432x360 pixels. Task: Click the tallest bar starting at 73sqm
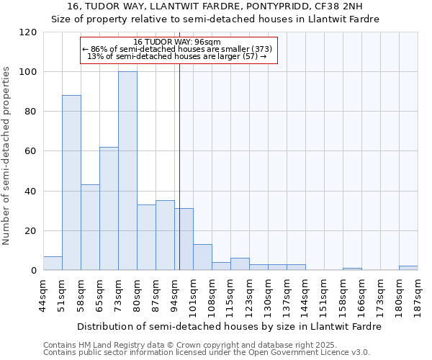point(127,171)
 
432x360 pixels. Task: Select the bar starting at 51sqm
point(71,183)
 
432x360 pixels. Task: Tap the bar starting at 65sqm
point(109,209)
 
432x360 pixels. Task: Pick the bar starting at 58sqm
point(90,228)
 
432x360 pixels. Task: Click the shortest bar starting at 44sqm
point(53,264)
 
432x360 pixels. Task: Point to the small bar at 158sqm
point(352,269)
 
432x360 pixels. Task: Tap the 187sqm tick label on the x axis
point(418,295)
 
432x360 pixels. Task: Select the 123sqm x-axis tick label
point(249,295)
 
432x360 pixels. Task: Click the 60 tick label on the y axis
point(32,151)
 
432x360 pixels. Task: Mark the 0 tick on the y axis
point(35,271)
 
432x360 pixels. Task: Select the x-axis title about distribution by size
point(230,326)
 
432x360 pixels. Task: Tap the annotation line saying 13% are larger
point(177,56)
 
